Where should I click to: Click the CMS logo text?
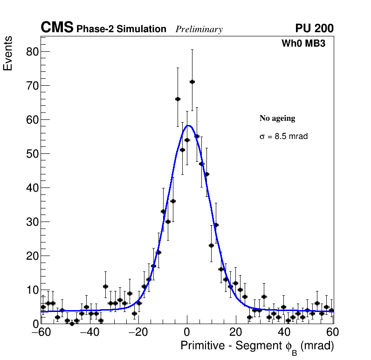57,28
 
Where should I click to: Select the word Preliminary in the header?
199,29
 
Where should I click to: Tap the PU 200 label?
314,28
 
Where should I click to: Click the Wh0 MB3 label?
303,44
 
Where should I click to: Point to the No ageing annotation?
277,118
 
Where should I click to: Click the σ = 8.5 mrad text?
283,137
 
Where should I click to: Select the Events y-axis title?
8,54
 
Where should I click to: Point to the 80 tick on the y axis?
32,51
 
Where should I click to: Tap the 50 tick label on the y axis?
32,154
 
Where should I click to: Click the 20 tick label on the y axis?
32,256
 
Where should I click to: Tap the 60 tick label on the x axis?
333,332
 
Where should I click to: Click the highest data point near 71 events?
192,82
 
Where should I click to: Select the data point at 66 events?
178,99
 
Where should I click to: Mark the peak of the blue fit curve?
188,125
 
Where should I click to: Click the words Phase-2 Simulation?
121,29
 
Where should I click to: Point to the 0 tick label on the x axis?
187,332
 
